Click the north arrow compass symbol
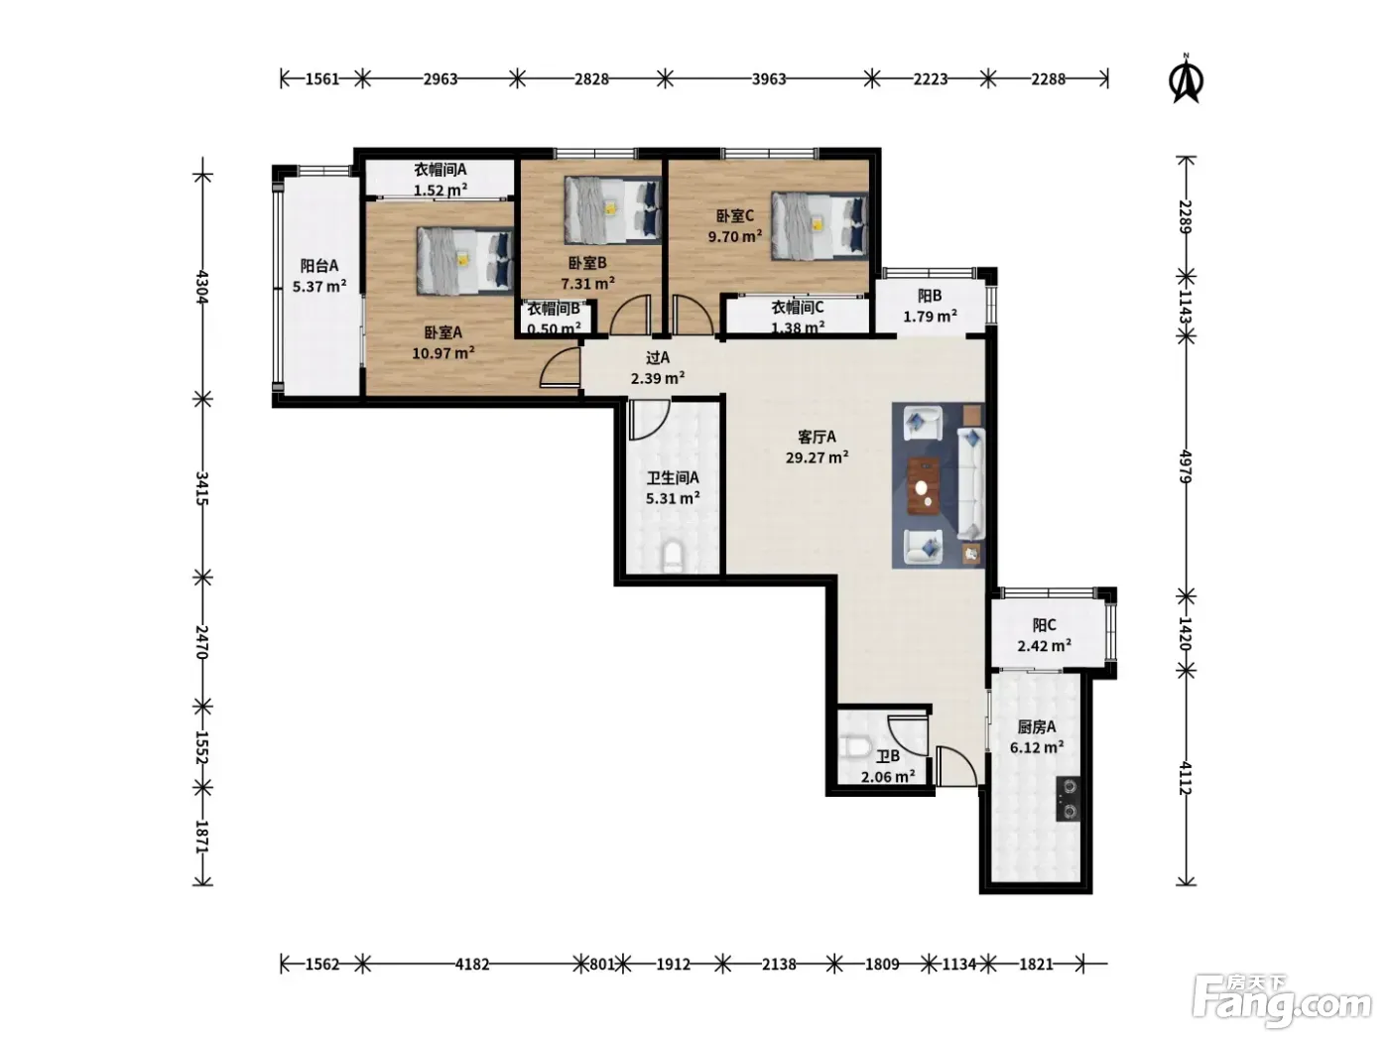[x=1187, y=79]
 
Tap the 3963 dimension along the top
[x=769, y=79]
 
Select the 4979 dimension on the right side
[x=1187, y=466]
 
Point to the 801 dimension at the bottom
[x=602, y=965]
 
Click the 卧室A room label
[x=442, y=332]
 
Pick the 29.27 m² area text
[x=817, y=456]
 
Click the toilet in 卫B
[x=853, y=747]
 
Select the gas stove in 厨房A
[x=1069, y=799]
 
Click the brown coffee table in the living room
[x=925, y=485]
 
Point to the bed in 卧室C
[x=819, y=226]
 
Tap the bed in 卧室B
[x=612, y=209]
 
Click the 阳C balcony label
[x=1044, y=625]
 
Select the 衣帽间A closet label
[x=441, y=170]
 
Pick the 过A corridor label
[x=658, y=358]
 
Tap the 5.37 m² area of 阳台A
[x=318, y=286]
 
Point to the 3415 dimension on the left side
[x=201, y=488]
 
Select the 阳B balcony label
[x=930, y=296]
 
